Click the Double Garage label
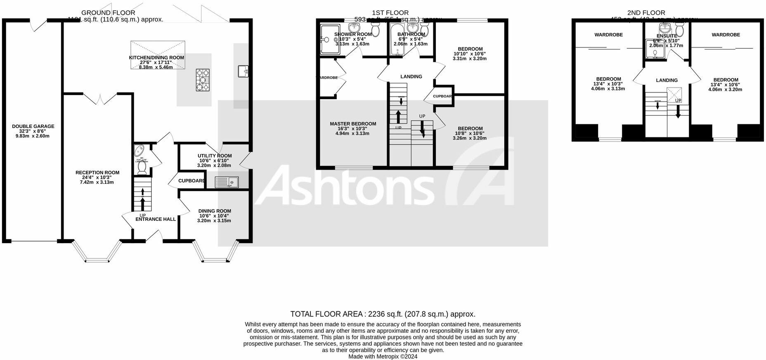[33, 126]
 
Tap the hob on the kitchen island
[202, 80]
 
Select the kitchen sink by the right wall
[243, 71]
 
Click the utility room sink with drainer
[227, 182]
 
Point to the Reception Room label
[97, 173]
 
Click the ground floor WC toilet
[142, 168]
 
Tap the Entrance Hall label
[156, 219]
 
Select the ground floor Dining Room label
[215, 211]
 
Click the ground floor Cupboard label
[191, 181]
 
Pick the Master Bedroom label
[353, 124]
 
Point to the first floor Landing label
[411, 76]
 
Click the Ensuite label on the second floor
[667, 36]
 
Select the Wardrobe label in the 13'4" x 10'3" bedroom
[608, 35]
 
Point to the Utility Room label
[215, 156]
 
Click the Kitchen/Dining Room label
[156, 58]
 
